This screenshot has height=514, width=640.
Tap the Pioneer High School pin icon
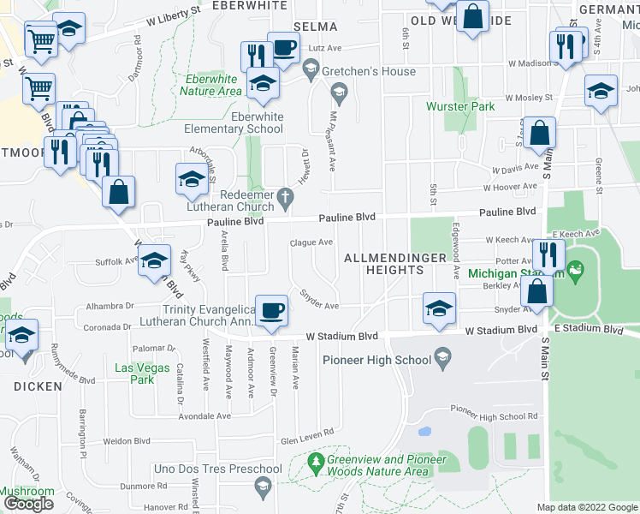tap(442, 355)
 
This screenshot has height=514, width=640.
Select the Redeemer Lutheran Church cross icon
tap(288, 199)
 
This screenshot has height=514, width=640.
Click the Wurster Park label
tap(460, 107)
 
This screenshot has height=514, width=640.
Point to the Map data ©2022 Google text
tap(587, 507)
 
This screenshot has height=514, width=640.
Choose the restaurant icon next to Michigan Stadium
tap(548, 254)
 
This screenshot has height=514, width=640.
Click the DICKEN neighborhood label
tap(38, 386)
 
